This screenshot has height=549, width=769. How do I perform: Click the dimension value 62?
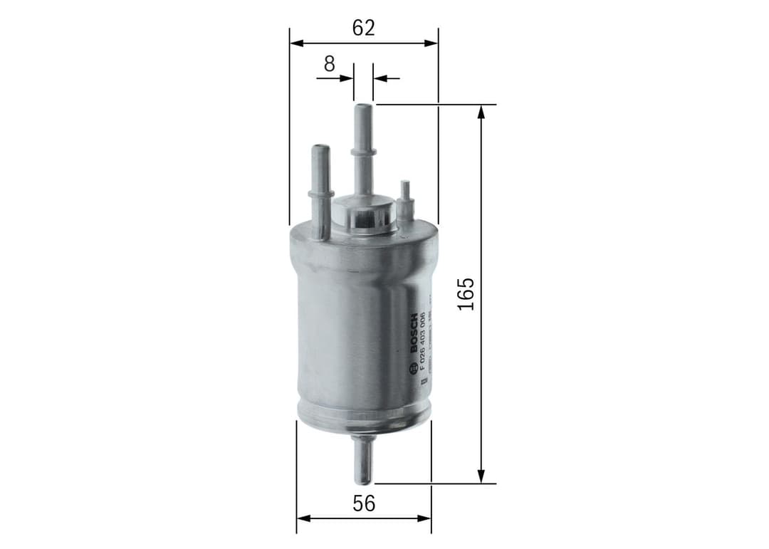363,27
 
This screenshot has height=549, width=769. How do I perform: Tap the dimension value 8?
328,63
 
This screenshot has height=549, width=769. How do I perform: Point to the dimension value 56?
363,503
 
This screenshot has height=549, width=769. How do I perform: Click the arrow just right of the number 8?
347,78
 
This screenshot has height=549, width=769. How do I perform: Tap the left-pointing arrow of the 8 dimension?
380,78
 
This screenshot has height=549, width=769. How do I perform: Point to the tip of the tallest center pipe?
362,107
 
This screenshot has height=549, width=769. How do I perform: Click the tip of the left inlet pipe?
320,148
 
